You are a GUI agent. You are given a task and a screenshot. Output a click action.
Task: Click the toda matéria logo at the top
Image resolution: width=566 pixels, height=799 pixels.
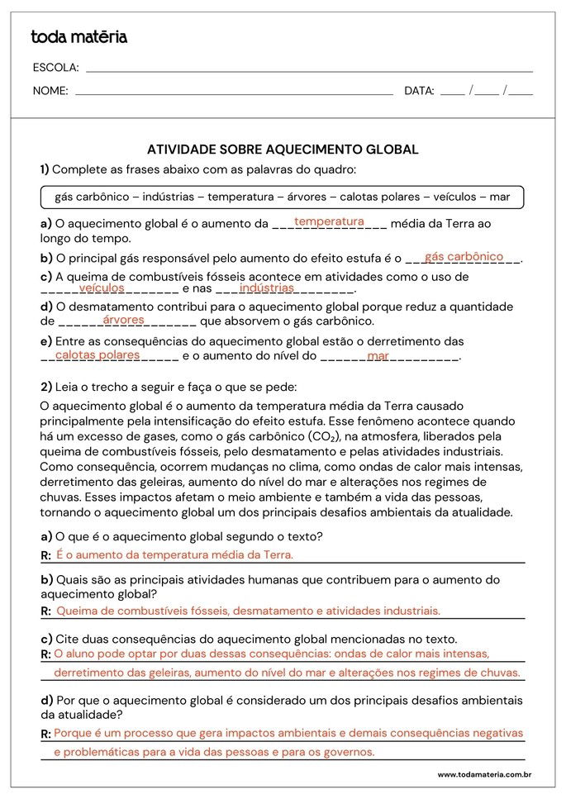78,37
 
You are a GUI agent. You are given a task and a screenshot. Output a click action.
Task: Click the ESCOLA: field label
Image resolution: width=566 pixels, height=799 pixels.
55,68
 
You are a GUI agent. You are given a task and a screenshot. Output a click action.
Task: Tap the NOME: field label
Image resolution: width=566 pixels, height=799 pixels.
50,91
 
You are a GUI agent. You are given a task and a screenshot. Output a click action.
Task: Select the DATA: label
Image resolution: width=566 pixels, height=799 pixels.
419,91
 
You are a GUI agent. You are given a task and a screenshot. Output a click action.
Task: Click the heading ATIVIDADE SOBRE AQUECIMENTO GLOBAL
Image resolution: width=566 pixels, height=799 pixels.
283,150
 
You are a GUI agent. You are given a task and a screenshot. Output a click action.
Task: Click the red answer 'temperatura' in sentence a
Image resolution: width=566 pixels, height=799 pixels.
329,221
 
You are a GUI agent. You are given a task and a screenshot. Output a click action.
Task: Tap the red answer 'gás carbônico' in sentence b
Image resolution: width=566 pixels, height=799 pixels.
464,256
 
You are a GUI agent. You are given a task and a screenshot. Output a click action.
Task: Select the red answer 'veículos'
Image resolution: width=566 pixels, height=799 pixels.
102,288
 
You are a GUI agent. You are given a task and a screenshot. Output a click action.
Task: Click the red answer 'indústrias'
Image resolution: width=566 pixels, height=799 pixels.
266,288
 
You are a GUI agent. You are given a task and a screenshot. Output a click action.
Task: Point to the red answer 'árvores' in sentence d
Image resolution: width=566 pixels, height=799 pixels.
124,319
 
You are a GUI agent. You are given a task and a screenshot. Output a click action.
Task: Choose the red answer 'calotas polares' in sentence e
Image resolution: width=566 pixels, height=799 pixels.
98,354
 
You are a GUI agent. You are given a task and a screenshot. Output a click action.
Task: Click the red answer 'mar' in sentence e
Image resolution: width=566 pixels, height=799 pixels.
378,355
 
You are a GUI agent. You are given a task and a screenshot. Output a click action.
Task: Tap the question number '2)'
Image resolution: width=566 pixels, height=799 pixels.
46,387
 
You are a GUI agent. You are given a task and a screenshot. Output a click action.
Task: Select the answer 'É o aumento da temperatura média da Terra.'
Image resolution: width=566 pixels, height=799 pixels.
174,554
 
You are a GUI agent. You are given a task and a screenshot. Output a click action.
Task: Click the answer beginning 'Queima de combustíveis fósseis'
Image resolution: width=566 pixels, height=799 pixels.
248,611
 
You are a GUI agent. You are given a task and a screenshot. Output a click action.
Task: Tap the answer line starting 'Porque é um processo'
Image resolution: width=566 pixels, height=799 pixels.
288,733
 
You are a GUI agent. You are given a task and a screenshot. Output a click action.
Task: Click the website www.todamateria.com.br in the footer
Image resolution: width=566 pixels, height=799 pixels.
483,774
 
